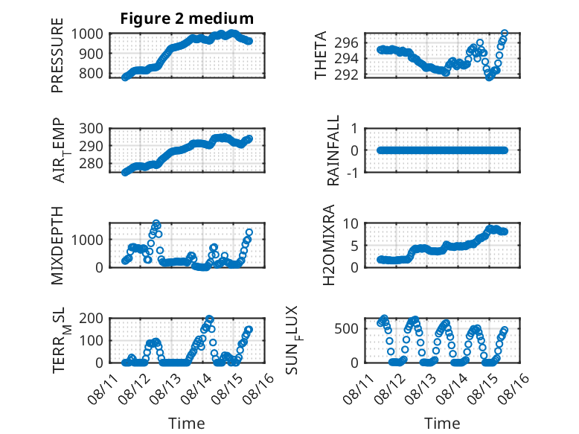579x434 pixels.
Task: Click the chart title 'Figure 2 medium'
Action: click(187, 19)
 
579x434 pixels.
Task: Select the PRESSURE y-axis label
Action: click(57, 55)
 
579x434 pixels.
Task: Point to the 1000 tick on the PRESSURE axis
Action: click(87, 34)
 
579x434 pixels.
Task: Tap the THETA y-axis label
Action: click(321, 55)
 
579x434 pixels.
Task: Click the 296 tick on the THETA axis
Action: click(346, 43)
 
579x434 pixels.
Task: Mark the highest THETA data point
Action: click(505, 33)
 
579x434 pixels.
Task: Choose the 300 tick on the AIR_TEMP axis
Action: click(92, 129)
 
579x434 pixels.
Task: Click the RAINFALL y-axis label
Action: click(333, 150)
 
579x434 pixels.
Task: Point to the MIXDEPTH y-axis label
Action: click(57, 246)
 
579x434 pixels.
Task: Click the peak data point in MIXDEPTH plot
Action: click(156, 223)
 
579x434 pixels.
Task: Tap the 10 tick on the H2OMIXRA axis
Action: click(351, 223)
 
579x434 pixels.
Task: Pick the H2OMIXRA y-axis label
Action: click(329, 245)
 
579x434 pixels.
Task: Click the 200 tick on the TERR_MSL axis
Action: click(92, 318)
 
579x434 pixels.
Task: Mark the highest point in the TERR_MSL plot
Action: click(209, 319)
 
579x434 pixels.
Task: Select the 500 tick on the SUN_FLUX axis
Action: click(346, 329)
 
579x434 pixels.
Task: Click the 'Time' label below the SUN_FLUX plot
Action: click(442, 424)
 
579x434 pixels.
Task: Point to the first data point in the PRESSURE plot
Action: click(125, 77)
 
